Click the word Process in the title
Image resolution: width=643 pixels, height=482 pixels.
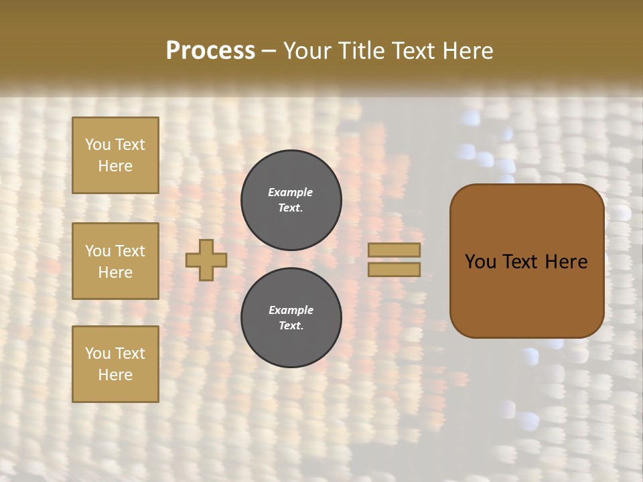pyautogui.click(x=210, y=51)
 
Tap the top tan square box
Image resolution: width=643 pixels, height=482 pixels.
pyautogui.click(x=115, y=155)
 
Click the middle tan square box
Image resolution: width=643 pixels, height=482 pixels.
pyautogui.click(x=115, y=261)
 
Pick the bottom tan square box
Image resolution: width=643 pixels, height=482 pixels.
pyautogui.click(x=115, y=364)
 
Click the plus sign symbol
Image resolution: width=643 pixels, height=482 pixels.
pyautogui.click(x=206, y=260)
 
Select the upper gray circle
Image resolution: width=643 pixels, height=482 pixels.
pyautogui.click(x=291, y=200)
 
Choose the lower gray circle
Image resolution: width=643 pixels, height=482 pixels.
pyautogui.click(x=291, y=318)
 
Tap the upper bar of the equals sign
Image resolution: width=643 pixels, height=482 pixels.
pyautogui.click(x=394, y=250)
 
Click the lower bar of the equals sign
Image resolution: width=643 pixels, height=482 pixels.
pyautogui.click(x=394, y=269)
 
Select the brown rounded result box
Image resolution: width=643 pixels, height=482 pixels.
pyautogui.click(x=526, y=261)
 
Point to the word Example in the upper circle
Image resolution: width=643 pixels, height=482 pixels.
pyautogui.click(x=291, y=192)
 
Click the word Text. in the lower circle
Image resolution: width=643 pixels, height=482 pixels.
pyautogui.click(x=291, y=326)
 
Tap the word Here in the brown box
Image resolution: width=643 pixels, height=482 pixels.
pyautogui.click(x=566, y=261)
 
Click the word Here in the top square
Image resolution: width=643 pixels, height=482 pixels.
pyautogui.click(x=115, y=166)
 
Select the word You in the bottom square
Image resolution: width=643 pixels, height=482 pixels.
pyautogui.click(x=98, y=353)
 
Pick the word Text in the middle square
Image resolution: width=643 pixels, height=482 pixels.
pyautogui.click(x=130, y=251)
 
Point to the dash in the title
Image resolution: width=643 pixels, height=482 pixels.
pyautogui.click(x=269, y=51)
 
